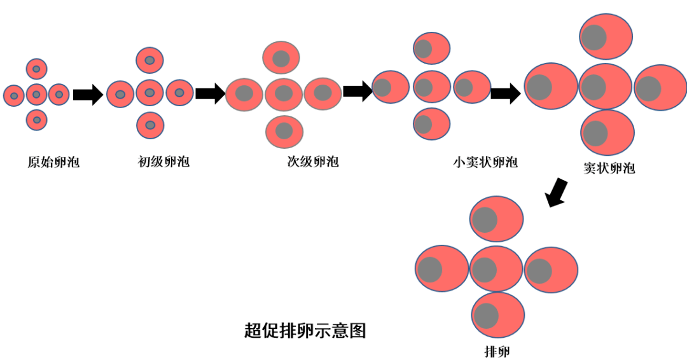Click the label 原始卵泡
click(53, 162)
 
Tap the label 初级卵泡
click(163, 162)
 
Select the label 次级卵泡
click(313, 162)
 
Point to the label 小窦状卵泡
click(485, 162)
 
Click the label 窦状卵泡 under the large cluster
click(609, 169)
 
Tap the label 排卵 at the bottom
click(497, 351)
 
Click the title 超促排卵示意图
click(305, 331)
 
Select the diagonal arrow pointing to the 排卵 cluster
click(557, 192)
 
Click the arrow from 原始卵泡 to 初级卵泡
click(88, 95)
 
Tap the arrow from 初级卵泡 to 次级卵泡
click(210, 93)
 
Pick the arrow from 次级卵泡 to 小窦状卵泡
click(357, 90)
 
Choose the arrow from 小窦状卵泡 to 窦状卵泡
click(506, 93)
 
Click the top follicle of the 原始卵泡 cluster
click(36, 69)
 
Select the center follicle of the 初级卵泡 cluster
click(150, 93)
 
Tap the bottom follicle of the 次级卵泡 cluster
click(284, 131)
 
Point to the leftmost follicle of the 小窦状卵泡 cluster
click(391, 87)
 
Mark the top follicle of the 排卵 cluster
click(496, 219)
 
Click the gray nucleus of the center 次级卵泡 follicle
click(284, 93)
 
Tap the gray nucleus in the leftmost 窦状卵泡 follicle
click(539, 87)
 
